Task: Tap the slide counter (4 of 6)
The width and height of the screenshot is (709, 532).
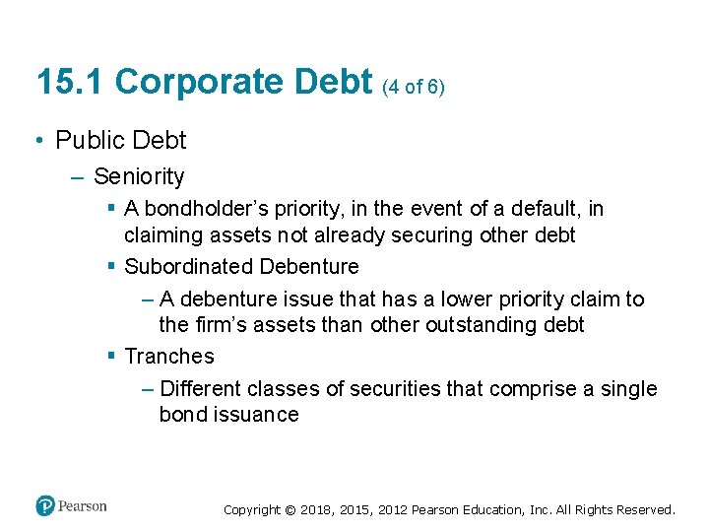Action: pos(414,87)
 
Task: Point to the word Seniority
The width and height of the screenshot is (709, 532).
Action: pos(139,176)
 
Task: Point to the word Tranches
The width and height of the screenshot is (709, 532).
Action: pos(169,357)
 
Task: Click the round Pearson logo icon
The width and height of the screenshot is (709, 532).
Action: pos(45,506)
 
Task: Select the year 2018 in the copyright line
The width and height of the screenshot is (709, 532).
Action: pos(317,510)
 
